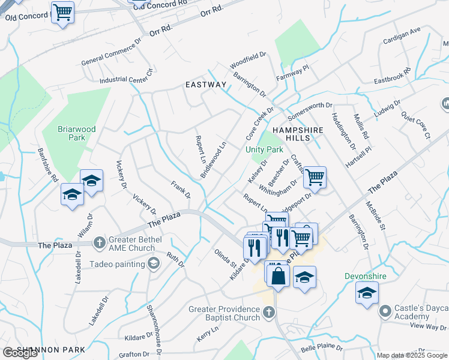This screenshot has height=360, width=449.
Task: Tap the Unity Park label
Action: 264,149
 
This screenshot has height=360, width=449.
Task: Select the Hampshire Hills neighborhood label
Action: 298,134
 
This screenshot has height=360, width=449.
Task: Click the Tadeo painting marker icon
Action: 154,263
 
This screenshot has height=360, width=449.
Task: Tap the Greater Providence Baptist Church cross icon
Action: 269,312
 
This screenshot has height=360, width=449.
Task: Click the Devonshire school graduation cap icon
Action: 367,294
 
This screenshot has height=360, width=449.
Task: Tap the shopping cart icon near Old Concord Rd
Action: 62,12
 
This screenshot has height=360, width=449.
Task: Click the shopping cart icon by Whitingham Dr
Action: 315,177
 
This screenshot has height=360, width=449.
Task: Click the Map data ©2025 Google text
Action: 412,355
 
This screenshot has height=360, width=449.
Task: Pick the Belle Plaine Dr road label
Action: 321,347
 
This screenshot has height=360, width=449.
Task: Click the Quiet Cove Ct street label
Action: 416,124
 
